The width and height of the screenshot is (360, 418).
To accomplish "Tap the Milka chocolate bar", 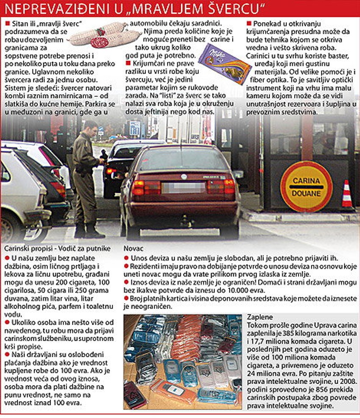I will pos(224,64).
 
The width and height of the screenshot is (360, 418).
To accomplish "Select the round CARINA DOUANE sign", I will pos(306,186).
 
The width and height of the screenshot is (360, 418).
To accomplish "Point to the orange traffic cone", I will pos(347,195).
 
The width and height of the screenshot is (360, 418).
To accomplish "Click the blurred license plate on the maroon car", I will pos(183,187).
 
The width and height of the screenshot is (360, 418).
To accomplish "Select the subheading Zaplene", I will pos(260,317).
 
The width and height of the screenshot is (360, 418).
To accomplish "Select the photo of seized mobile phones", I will pos(183,362).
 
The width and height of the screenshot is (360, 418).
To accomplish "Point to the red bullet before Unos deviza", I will pos(126,257).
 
